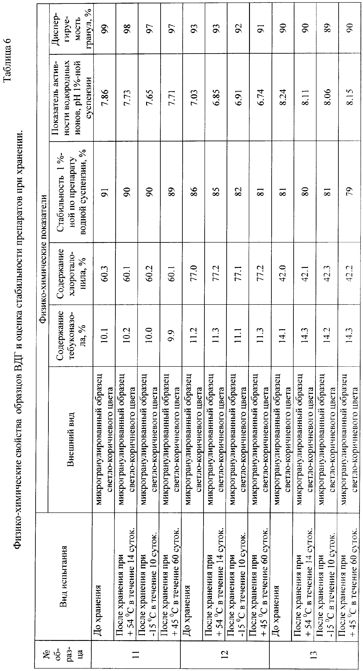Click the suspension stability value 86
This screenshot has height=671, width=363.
[195, 192]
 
